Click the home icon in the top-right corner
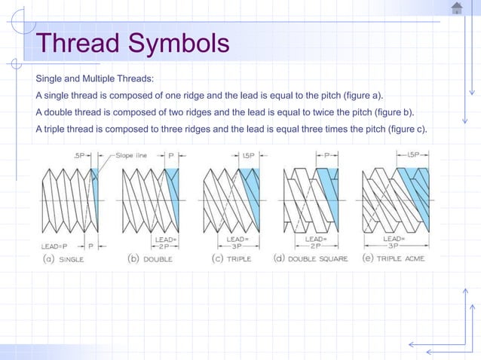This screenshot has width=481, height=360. [457, 8]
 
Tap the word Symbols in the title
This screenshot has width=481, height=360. [179, 44]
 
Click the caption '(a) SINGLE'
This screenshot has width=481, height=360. [62, 259]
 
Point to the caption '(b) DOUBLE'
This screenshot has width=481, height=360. [150, 259]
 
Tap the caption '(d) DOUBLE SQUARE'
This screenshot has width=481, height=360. [310, 259]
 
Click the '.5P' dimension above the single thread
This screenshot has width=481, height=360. [80, 155]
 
